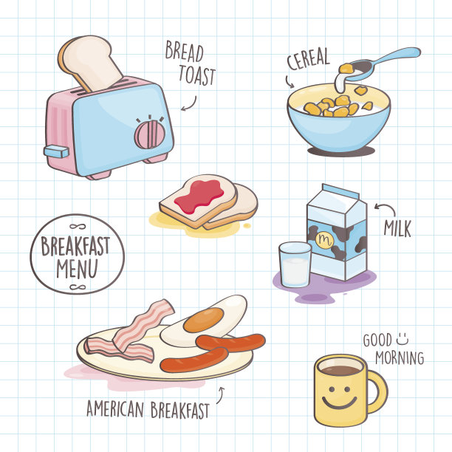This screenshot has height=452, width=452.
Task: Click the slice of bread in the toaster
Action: pyautogui.click(x=89, y=62)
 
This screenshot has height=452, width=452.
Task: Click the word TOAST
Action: pyautogui.click(x=197, y=75)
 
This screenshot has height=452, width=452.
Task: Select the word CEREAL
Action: pyautogui.click(x=308, y=59)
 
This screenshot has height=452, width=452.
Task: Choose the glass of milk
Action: pyautogui.click(x=295, y=264)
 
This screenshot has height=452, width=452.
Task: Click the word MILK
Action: pyautogui.click(x=397, y=229)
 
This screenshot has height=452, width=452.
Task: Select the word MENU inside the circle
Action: pyautogui.click(x=77, y=268)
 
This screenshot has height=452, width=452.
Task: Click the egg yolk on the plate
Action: pyautogui.click(x=204, y=320)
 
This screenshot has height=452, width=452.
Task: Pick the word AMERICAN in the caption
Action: pyautogui.click(x=115, y=408)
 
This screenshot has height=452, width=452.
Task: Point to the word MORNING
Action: pyautogui.click(x=400, y=358)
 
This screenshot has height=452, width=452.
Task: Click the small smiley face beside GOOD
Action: pyautogui.click(x=403, y=339)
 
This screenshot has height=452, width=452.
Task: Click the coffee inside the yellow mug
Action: pyautogui.click(x=340, y=369)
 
